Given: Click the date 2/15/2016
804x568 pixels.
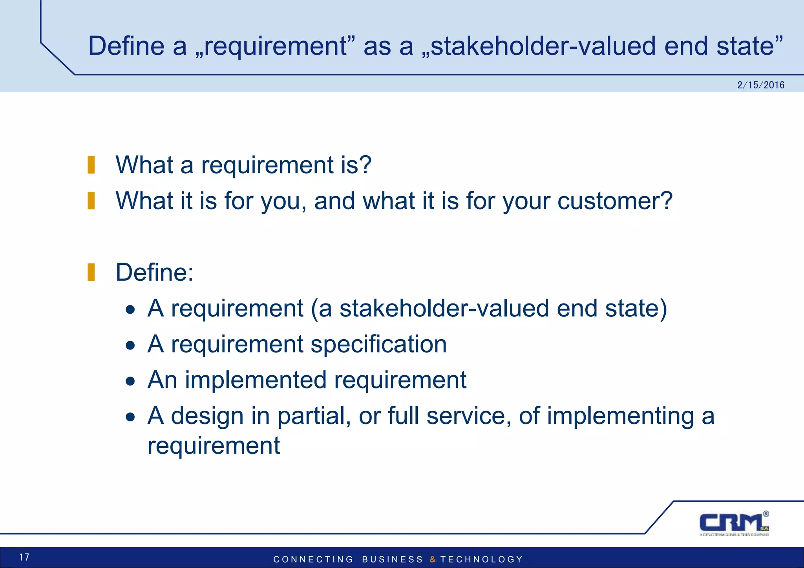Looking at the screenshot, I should [x=760, y=85].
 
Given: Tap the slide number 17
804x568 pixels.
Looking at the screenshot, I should [x=24, y=557].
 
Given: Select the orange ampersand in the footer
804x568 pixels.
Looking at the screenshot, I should [x=432, y=559].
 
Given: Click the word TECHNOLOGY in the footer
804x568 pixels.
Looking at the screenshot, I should [x=482, y=559].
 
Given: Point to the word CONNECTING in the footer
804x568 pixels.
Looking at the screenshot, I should [x=313, y=559].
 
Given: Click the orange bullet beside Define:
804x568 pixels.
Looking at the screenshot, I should [x=91, y=272].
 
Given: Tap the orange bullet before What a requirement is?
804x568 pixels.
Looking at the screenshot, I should [x=91, y=165].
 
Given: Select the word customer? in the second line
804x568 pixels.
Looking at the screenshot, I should [x=615, y=201].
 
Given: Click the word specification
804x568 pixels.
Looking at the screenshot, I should [x=379, y=344].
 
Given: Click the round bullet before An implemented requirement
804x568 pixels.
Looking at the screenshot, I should [x=130, y=381].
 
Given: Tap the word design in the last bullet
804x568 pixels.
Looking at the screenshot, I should [x=207, y=416].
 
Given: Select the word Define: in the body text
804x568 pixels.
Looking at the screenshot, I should [x=154, y=272].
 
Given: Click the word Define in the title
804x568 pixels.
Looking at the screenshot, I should [x=126, y=46].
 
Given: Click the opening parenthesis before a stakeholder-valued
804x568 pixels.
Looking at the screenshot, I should [x=314, y=309].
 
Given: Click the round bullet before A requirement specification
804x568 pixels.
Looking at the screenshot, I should [x=130, y=346].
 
